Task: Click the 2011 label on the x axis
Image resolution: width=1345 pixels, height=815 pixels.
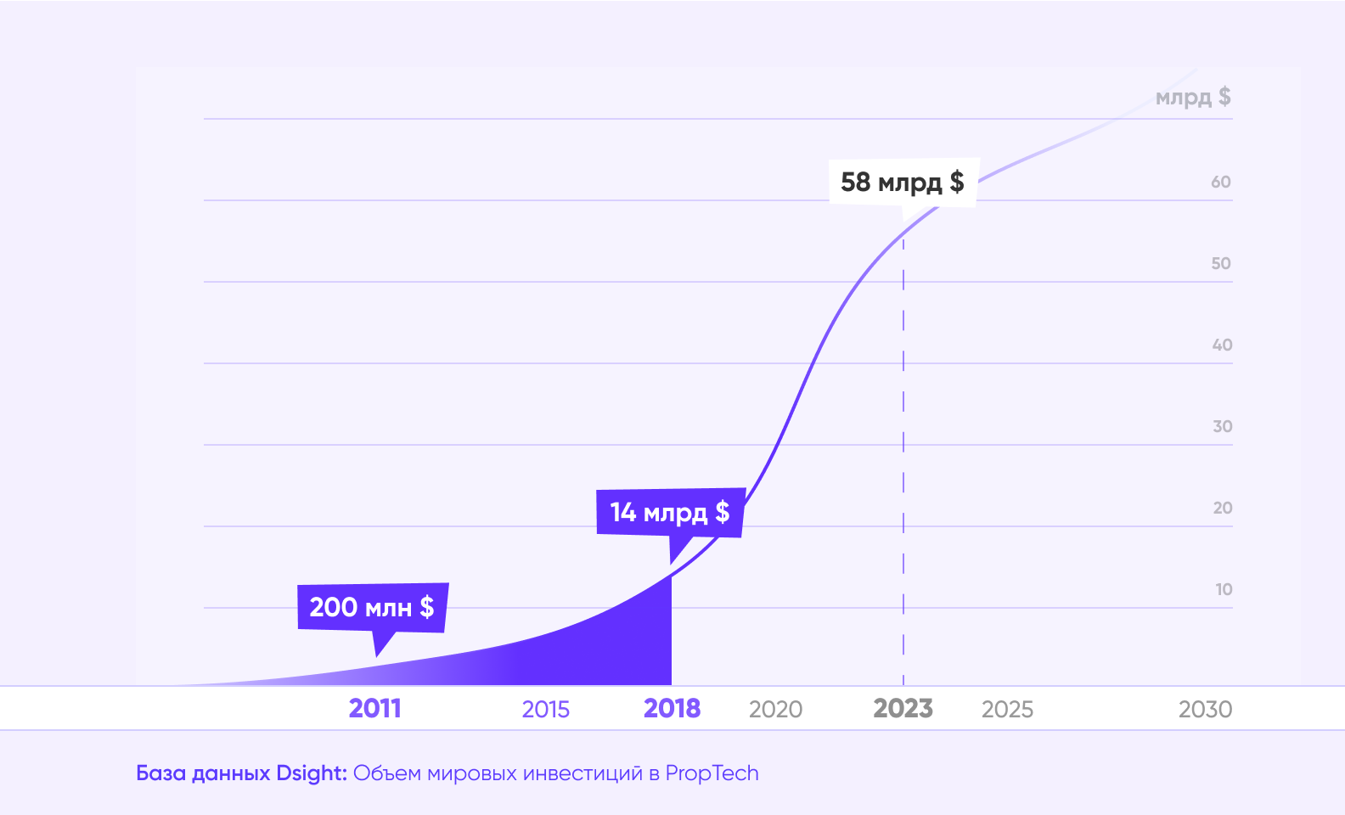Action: [x=374, y=708]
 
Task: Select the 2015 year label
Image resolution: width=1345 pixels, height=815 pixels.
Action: [x=545, y=709]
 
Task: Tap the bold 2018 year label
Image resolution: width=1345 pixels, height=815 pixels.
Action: [x=672, y=708]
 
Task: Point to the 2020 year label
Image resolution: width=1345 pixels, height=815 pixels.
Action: [x=775, y=709]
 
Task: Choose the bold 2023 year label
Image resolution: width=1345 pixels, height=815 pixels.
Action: [x=903, y=708]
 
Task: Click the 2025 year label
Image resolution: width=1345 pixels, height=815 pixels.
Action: [x=1007, y=709]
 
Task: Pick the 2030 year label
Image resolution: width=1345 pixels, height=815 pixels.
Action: [x=1205, y=709]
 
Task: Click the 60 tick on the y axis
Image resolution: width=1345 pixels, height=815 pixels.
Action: [x=1220, y=182]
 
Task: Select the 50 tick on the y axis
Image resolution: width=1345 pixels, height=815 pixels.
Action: [x=1220, y=263]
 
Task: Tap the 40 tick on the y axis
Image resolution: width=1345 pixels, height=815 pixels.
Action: [x=1221, y=345]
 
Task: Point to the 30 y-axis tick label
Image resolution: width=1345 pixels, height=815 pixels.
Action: [x=1222, y=426]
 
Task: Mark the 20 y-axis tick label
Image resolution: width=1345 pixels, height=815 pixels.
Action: [x=1222, y=508]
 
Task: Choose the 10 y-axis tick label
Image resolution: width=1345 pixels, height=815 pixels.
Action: [x=1223, y=589]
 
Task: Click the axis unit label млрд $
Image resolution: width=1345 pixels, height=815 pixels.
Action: [x=1192, y=97]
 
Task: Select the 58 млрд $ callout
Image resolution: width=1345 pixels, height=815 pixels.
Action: [x=903, y=182]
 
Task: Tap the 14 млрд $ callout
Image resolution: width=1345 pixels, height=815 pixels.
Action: [x=670, y=512]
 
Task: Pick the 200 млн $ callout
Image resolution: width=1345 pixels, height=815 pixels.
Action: [x=372, y=607]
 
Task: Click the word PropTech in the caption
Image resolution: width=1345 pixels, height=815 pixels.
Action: [x=712, y=773]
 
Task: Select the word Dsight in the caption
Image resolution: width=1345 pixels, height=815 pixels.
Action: [x=311, y=773]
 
